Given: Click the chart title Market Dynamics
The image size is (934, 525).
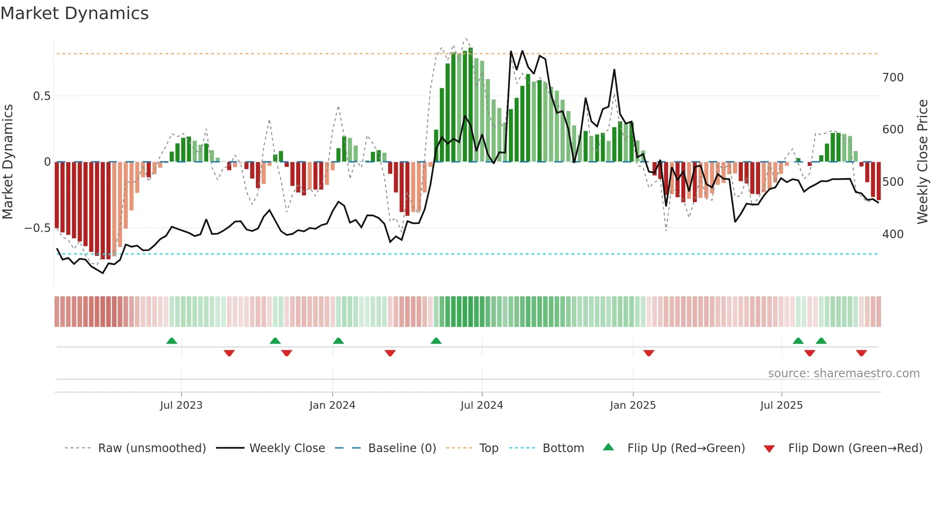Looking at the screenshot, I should (74, 13).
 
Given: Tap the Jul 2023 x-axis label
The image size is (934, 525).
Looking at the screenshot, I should (181, 405).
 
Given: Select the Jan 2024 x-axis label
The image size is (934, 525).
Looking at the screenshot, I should (332, 405).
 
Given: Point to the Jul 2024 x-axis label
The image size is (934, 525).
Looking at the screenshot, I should (481, 405).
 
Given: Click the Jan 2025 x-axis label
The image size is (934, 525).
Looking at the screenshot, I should (632, 405).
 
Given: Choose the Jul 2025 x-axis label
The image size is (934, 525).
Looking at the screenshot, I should (781, 405).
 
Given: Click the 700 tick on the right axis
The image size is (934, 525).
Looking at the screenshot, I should (893, 77).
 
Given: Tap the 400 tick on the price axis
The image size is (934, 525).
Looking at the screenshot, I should (893, 234).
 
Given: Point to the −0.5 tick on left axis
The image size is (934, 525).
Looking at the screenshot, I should (37, 228).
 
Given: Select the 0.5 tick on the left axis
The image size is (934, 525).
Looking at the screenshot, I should (41, 96).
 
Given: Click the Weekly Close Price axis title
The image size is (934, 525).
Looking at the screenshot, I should (923, 162).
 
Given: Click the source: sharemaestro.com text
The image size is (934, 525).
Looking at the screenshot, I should (843, 374).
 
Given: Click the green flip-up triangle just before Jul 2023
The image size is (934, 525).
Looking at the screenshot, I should (172, 341).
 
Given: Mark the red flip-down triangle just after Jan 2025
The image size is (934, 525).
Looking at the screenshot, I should (649, 353).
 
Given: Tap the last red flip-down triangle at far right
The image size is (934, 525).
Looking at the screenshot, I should (861, 353).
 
